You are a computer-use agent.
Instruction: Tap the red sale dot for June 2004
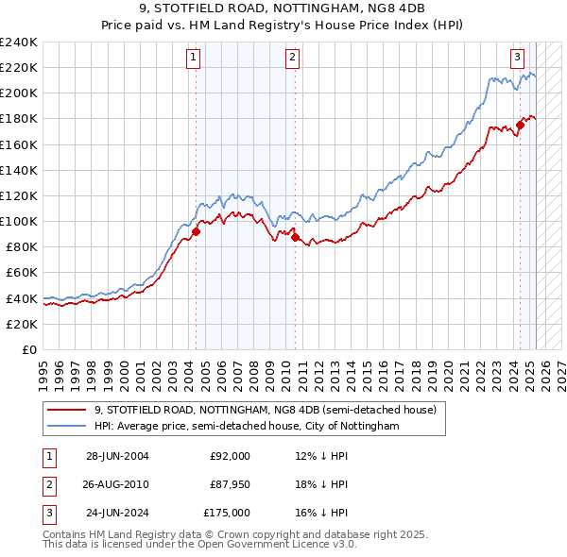click(197, 231)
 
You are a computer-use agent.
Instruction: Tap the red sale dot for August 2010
click(296, 237)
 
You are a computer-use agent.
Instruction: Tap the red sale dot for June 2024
click(521, 125)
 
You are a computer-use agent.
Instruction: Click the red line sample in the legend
click(66, 411)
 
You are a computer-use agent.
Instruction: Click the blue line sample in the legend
click(66, 426)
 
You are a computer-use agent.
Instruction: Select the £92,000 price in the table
click(230, 456)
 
